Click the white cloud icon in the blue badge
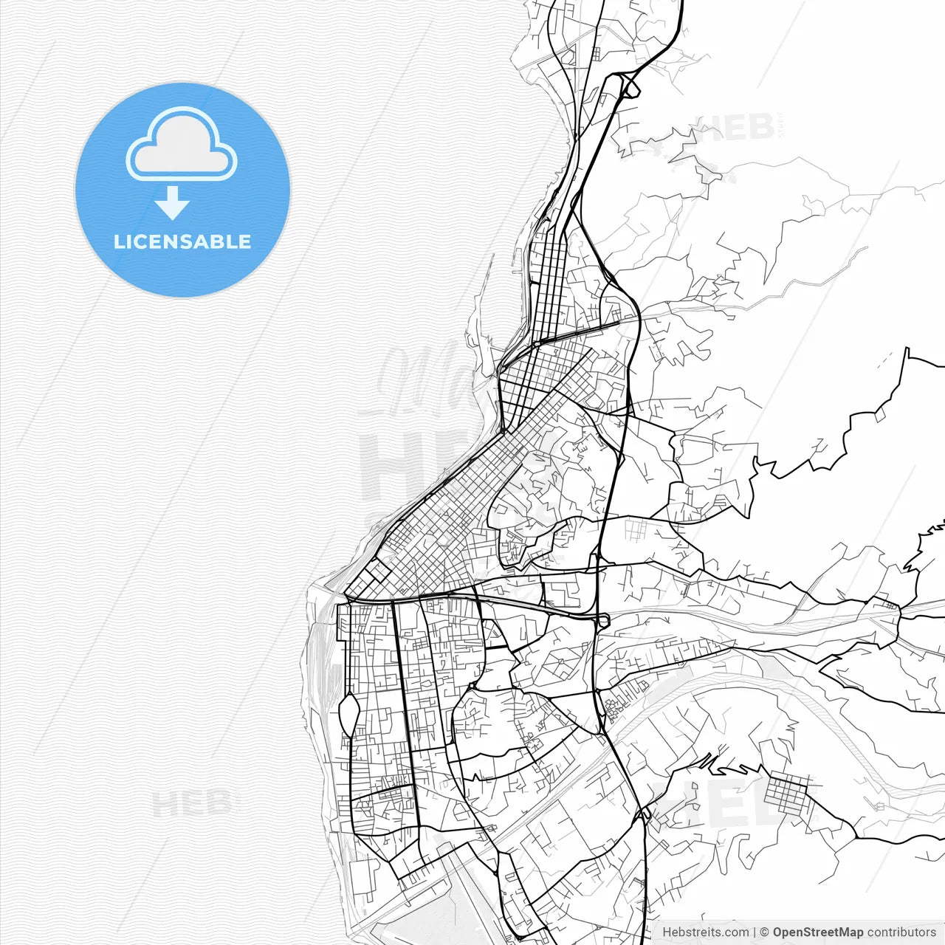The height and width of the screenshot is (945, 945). [x=182, y=145]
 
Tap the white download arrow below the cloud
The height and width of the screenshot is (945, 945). [x=172, y=203]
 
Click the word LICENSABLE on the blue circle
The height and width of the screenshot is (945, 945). [x=182, y=241]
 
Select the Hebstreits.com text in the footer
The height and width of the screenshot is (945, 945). [x=705, y=932]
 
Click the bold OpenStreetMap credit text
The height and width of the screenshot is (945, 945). [x=817, y=932]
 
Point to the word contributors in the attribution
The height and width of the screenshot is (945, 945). [x=901, y=932]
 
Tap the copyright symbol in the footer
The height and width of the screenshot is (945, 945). [x=764, y=932]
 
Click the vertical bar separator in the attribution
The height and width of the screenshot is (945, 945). [x=754, y=932]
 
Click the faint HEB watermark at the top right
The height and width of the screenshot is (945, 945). [x=735, y=127]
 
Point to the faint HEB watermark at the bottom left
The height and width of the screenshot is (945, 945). [x=194, y=803]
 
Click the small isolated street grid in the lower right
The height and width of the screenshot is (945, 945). [x=786, y=794]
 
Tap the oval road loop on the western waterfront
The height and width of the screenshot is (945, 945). [x=349, y=715]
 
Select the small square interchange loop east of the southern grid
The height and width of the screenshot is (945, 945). [x=603, y=620]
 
